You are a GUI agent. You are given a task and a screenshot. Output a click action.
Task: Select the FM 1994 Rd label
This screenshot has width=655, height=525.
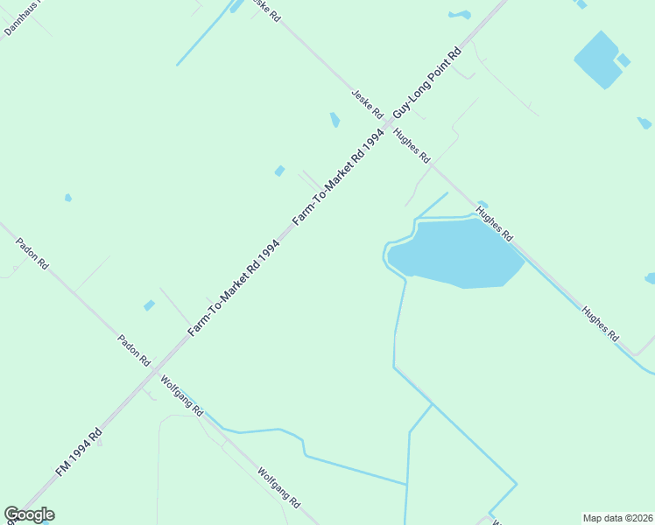coord(78,452)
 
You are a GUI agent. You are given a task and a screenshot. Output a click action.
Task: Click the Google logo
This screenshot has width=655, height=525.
coord(29,514)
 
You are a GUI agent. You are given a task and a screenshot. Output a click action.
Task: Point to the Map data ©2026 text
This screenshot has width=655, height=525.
coord(618,517)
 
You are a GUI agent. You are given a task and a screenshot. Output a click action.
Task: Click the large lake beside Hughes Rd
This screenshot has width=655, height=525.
coord(455,254)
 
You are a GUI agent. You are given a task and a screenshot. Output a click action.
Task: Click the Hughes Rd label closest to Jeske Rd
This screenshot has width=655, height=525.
coord(412,146)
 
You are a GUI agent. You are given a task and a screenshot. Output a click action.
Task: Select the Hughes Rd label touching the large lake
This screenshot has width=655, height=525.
coord(494,225)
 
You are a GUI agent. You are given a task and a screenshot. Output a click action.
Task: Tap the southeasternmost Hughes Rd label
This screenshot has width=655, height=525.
coord(601,323)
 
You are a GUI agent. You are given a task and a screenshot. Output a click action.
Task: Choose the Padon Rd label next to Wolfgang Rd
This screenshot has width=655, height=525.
coord(135,349)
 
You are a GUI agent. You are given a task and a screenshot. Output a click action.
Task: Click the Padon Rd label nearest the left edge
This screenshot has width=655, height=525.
coord(32,255)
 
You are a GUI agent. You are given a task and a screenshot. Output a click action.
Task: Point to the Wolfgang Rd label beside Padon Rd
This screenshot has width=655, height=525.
coord(182,395)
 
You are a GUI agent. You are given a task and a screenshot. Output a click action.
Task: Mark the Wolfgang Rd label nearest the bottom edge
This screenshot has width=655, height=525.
coord(279,488)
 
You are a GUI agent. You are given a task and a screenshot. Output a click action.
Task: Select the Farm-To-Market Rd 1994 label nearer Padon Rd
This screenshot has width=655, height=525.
coord(234,288)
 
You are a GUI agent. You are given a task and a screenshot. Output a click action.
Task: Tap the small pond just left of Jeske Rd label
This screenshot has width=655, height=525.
coord(335,119)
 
